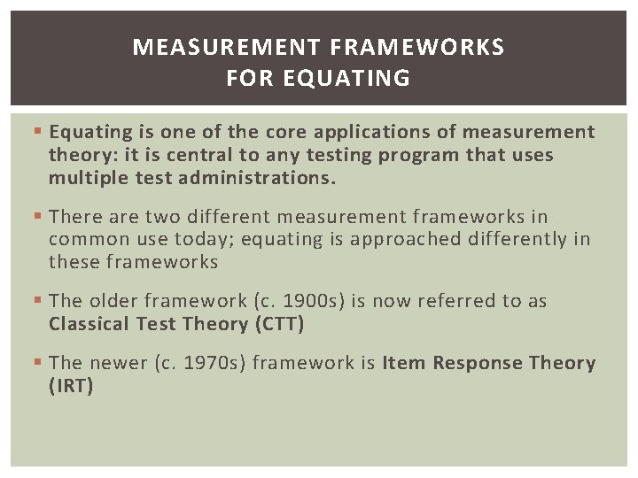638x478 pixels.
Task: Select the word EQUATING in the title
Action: pos(346,79)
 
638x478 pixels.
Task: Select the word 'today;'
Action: pos(204,239)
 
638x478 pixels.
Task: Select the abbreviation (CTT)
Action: pos(279,324)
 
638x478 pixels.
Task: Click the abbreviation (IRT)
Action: pos(71,386)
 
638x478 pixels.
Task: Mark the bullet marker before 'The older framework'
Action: pos(37,301)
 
